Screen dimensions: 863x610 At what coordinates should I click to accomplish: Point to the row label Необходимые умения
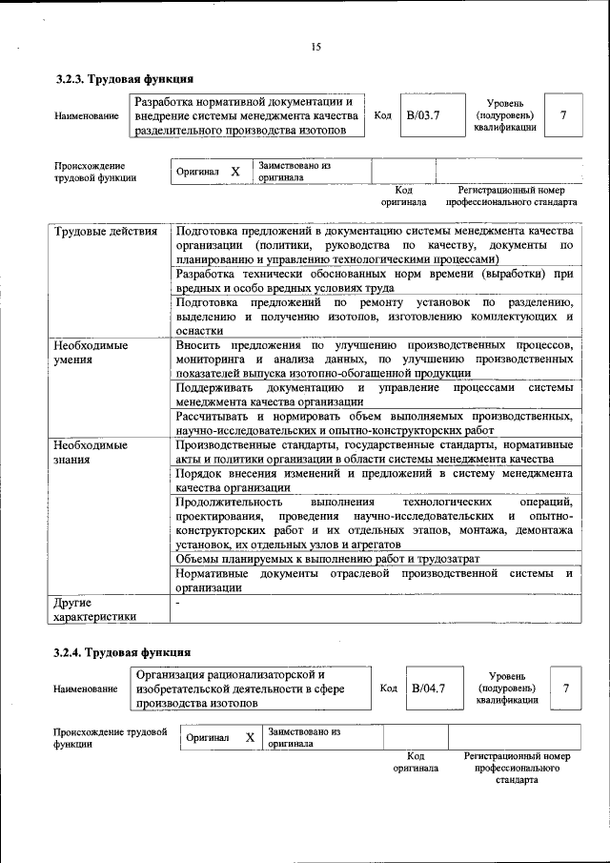(91, 353)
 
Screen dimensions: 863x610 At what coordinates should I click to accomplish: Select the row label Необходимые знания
(91, 452)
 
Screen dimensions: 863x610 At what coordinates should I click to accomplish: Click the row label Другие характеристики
(95, 610)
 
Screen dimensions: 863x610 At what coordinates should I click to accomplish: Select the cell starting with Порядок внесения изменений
(374, 480)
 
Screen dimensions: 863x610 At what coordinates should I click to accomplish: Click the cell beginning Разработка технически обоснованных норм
(374, 280)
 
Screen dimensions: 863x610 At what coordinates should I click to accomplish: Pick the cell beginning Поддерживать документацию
(374, 395)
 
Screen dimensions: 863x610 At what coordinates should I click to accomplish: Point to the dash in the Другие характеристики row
(177, 603)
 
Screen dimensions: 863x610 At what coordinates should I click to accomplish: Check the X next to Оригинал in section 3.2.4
(250, 738)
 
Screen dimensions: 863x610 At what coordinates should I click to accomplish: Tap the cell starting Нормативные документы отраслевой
(374, 581)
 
